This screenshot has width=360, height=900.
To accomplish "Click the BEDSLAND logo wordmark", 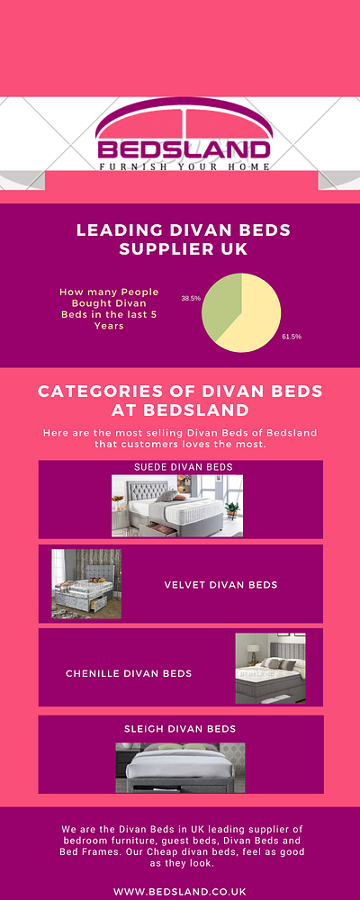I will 184,149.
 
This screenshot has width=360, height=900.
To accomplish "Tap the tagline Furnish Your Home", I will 184,166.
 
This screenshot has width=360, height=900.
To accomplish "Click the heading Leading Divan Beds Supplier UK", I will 184,238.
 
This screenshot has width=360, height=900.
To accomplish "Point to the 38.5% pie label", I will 190,297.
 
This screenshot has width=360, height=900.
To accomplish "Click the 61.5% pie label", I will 292,337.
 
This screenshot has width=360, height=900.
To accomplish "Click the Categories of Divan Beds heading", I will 180,401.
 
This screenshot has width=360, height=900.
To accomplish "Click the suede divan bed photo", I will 177,506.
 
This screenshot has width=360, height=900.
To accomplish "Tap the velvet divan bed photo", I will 86,584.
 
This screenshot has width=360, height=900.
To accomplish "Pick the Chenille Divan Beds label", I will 129,673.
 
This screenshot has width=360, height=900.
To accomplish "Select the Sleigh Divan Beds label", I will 180,728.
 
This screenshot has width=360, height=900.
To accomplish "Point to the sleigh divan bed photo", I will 180,767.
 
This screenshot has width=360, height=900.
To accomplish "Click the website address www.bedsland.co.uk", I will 180,866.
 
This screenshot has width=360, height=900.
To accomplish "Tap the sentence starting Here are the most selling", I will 180,439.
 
